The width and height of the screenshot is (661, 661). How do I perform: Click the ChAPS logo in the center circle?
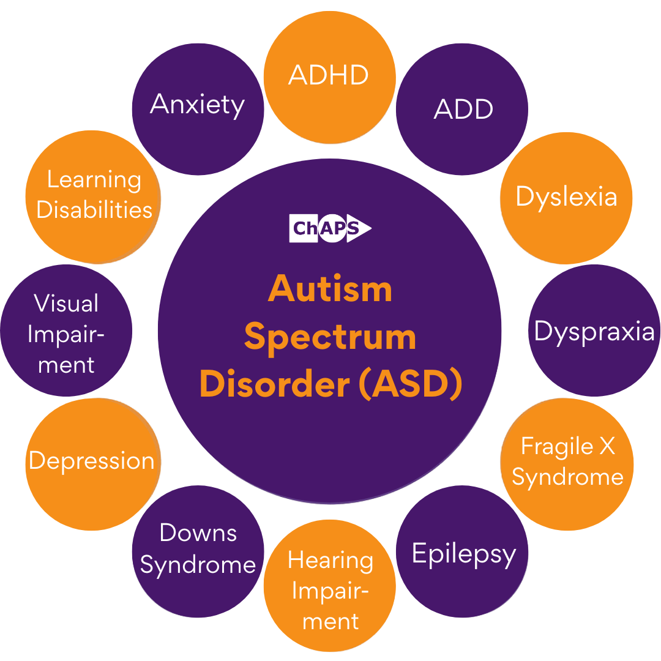[330, 228]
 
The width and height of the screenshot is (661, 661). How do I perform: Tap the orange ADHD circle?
[330, 77]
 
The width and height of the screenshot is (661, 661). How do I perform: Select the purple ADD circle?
[462, 109]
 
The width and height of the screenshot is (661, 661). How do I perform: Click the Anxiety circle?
[198, 109]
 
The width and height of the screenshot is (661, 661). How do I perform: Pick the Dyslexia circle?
[566, 198]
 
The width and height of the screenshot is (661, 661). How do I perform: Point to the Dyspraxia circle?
[594, 330]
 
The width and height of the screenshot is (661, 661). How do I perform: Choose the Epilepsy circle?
[462, 552]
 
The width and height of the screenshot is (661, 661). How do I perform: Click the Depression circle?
[93, 464]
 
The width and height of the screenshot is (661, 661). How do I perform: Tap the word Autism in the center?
[330, 289]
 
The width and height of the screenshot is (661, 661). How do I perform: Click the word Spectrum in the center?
[330, 338]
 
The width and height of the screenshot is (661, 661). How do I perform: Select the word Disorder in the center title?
[275, 384]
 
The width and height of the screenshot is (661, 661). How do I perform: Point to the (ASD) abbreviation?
[411, 384]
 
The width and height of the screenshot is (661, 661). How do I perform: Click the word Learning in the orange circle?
[94, 181]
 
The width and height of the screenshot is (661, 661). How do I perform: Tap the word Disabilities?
[94, 209]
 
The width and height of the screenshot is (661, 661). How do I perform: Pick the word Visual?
[66, 303]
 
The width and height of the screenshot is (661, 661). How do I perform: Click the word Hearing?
[330, 562]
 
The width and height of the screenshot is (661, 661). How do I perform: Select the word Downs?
[198, 532]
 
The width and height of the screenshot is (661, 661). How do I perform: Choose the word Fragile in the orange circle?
[556, 447]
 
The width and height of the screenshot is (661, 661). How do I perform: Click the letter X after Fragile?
[607, 446]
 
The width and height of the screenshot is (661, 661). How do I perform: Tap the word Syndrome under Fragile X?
[567, 477]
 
